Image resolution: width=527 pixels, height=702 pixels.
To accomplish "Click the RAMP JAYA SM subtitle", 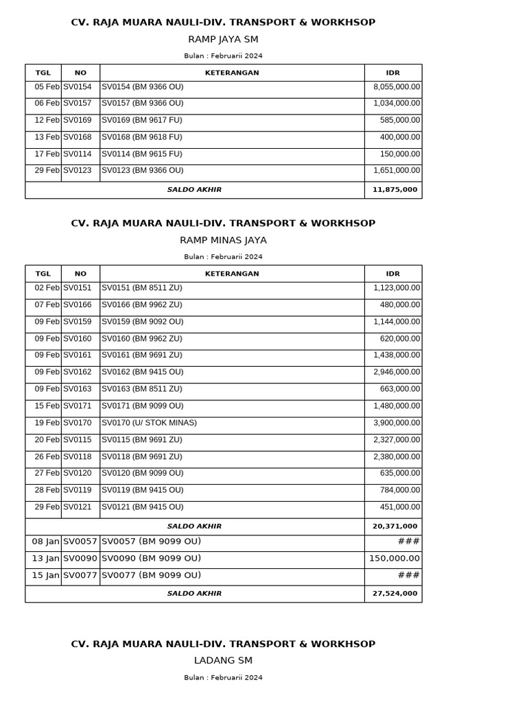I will [223, 40].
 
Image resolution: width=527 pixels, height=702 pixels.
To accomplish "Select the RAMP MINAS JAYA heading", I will [223, 241].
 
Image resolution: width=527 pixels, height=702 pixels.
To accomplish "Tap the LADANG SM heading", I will [223, 661].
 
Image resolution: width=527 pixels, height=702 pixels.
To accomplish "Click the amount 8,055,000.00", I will [397, 87].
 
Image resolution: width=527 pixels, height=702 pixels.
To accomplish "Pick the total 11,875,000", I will [395, 190].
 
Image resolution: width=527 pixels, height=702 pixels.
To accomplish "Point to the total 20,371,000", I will [395, 526].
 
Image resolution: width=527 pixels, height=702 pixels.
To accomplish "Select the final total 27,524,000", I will [395, 594].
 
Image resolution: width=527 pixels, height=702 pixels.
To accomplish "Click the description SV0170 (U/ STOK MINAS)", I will [149, 423].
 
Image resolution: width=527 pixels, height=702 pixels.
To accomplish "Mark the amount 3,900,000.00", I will [397, 423].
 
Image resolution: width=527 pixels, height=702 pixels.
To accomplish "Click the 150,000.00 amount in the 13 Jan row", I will [394, 559].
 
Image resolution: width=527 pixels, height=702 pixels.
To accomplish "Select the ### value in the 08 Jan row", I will [409, 542].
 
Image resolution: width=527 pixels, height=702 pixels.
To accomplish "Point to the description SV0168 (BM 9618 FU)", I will [142, 137].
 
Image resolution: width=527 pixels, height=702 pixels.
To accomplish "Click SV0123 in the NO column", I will [78, 171].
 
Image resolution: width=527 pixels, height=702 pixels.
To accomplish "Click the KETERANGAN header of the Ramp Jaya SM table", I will [232, 73].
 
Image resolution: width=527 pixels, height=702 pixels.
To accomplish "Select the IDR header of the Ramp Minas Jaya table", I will [393, 274].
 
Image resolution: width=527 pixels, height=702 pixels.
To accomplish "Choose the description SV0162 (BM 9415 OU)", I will [143, 372].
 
